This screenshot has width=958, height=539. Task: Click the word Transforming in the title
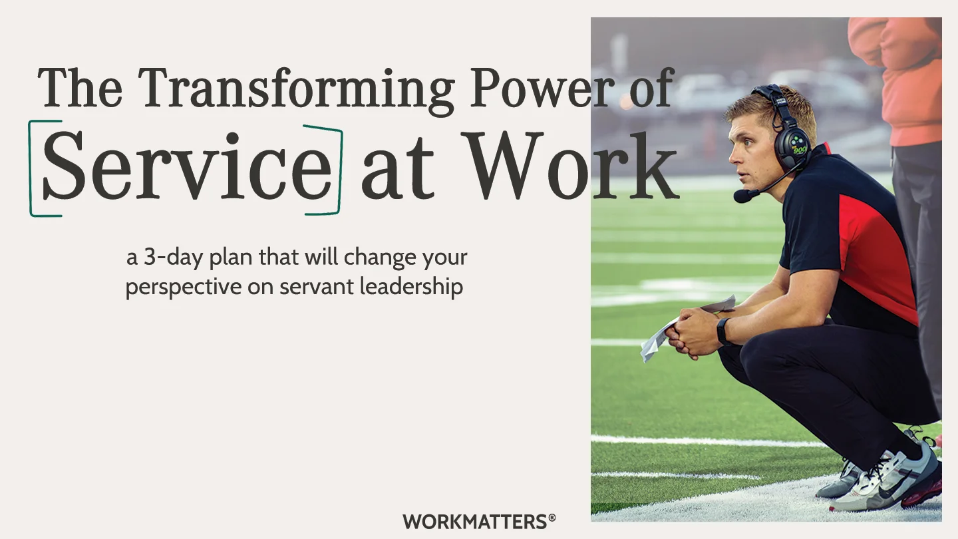pyautogui.click(x=297, y=89)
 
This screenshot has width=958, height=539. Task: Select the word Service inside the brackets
pyautogui.click(x=186, y=166)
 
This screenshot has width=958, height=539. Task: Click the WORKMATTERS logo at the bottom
pyautogui.click(x=474, y=521)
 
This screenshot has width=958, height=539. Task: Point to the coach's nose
pyautogui.click(x=732, y=154)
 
